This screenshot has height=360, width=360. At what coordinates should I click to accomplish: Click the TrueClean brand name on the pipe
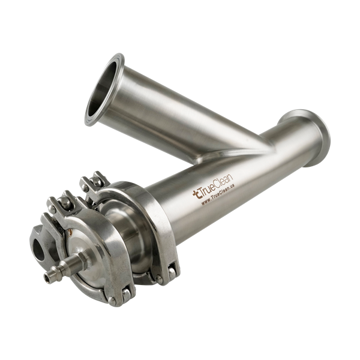(216, 186)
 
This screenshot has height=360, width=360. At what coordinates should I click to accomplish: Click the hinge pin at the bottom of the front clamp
(112, 301)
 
